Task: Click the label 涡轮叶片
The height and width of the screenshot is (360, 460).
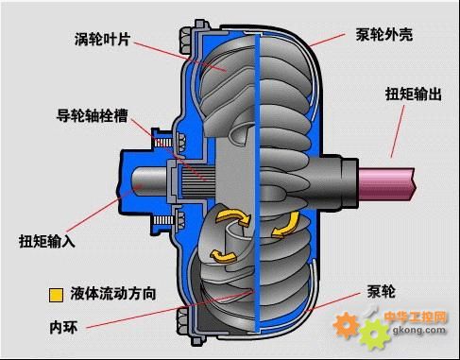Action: coord(105,41)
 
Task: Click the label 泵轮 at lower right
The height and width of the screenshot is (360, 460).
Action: coord(381,290)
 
